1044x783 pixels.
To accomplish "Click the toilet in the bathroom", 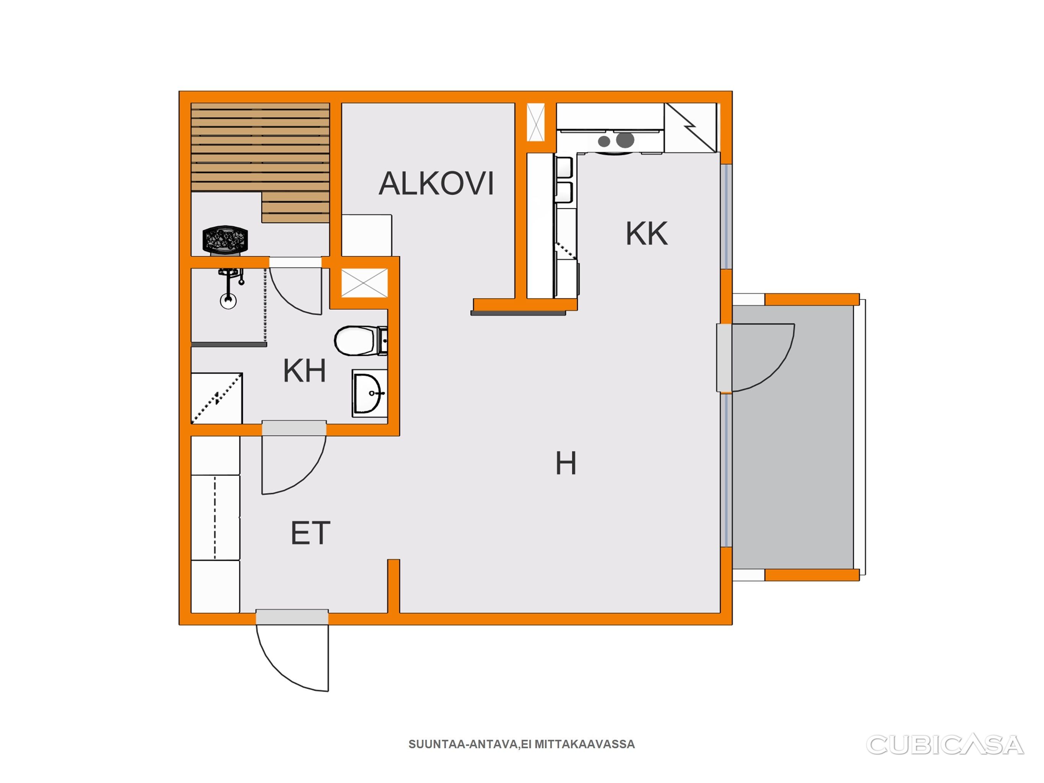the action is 361,340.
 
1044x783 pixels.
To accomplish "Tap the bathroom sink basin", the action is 369,393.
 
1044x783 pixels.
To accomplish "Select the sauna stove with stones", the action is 225,240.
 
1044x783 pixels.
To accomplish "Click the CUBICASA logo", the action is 945,745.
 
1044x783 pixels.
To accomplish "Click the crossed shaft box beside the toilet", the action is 364,283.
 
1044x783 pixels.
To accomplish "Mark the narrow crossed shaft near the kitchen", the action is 536,122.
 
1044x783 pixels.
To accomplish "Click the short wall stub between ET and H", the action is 394,586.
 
